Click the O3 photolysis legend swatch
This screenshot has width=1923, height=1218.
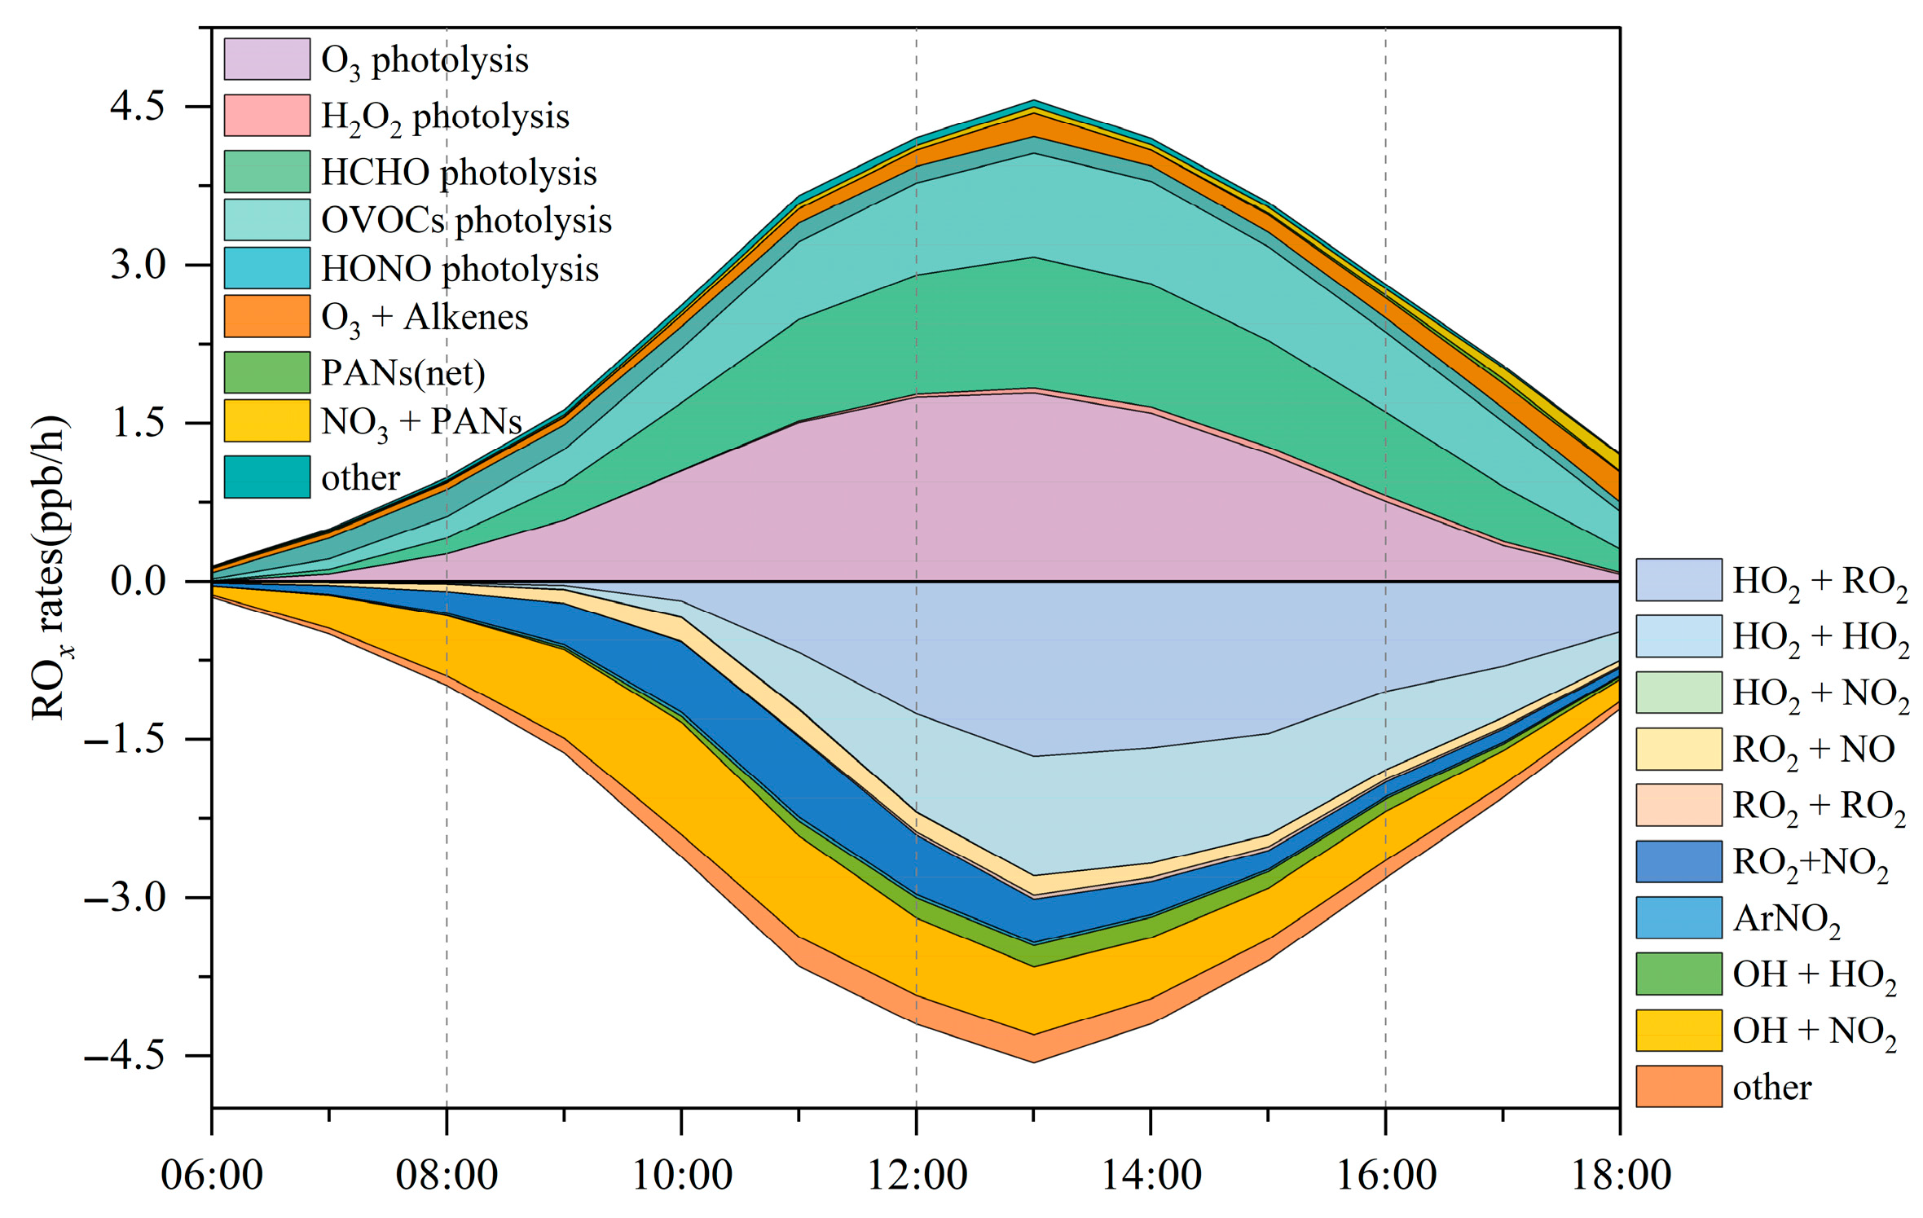click(x=266, y=59)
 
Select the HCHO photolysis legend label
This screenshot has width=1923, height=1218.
click(x=459, y=173)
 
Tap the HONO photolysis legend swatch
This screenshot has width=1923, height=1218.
click(x=266, y=268)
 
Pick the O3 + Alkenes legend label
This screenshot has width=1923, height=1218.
click(x=425, y=317)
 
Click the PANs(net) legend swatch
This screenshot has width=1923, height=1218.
click(x=266, y=372)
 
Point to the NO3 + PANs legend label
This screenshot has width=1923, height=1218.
click(x=421, y=422)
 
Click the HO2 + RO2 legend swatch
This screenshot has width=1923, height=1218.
click(x=1679, y=580)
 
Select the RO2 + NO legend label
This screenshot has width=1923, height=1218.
click(x=1813, y=750)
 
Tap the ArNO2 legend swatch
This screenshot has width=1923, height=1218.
click(x=1679, y=917)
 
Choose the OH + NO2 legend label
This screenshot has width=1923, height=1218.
click(x=1814, y=1031)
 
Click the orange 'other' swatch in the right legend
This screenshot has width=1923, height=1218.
click(x=1679, y=1087)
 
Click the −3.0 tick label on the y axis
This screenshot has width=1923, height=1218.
click(x=124, y=898)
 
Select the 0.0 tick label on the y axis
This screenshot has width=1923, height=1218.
click(x=138, y=582)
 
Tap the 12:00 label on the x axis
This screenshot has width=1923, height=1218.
click(x=917, y=1175)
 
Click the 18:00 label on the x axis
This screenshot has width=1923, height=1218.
click(x=1620, y=1175)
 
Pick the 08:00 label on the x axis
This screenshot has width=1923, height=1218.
click(x=447, y=1175)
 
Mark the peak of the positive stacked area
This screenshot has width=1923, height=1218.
click(x=1033, y=100)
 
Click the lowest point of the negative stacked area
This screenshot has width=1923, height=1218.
click(x=1033, y=1062)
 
